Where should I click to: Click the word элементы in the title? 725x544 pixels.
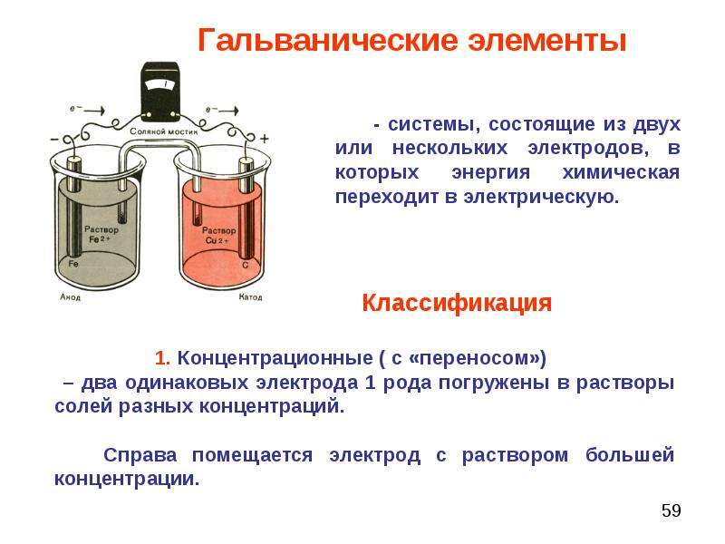[x=547, y=41]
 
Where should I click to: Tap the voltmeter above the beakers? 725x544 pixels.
[x=160, y=92]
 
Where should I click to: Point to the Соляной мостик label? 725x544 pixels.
[x=164, y=131]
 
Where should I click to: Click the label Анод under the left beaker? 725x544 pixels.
[x=71, y=297]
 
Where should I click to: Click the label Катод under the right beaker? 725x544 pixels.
[x=251, y=297]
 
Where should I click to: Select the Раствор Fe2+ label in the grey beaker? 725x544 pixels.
[x=101, y=234]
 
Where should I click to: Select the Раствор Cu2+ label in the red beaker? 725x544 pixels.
[x=218, y=235]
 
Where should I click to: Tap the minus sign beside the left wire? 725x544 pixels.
[x=54, y=139]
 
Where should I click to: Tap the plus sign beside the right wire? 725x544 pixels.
[x=265, y=139]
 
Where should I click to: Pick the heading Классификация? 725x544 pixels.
[x=457, y=304]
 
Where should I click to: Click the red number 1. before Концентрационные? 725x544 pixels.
[x=162, y=358]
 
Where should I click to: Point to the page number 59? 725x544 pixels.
[x=671, y=510]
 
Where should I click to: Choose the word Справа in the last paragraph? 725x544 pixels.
[x=140, y=455]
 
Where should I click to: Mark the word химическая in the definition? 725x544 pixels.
[x=621, y=172]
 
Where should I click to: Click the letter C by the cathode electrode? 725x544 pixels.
[x=246, y=265]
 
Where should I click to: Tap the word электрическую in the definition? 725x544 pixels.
[x=541, y=198]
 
